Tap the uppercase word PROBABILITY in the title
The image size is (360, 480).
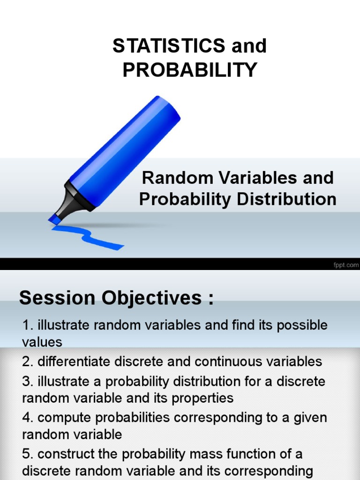point(190,70)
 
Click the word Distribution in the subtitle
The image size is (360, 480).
point(286,199)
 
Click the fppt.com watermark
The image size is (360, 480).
point(346,265)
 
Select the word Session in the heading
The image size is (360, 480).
point(58,298)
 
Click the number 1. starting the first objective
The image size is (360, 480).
point(28,325)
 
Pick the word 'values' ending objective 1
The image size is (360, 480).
point(42,342)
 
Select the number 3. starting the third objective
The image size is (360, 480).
point(28,381)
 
